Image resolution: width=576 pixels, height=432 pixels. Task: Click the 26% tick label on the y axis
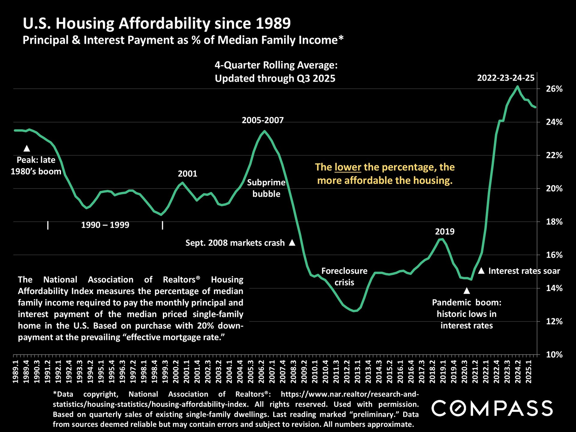pyautogui.click(x=554, y=89)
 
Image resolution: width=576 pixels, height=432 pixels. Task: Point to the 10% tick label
pyautogui.click(x=554, y=355)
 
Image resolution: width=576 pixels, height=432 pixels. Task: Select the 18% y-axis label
pyautogui.click(x=554, y=222)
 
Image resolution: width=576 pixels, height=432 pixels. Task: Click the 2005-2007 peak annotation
pyautogui.click(x=262, y=120)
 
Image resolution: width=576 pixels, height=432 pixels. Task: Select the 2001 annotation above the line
pyautogui.click(x=187, y=174)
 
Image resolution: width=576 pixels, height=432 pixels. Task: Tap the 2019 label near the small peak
pyautogui.click(x=445, y=232)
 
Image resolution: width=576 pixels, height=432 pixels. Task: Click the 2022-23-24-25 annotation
pyautogui.click(x=506, y=78)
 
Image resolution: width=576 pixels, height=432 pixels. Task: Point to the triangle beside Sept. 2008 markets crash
pyautogui.click(x=292, y=243)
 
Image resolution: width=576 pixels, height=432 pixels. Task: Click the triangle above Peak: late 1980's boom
pyautogui.click(x=27, y=148)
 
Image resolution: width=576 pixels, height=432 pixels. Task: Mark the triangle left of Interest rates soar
pyautogui.click(x=481, y=271)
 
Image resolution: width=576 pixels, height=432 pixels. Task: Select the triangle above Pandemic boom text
pyautogui.click(x=466, y=291)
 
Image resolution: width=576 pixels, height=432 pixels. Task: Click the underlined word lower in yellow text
pyautogui.click(x=348, y=167)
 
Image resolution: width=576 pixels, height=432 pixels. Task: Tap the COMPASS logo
pyautogui.click(x=492, y=408)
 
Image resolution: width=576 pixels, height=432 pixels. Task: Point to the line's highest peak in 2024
pyautogui.click(x=517, y=86)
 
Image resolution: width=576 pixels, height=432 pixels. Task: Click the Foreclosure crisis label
pyautogui.click(x=344, y=277)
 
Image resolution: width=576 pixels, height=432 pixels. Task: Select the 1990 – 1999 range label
pyautogui.click(x=105, y=225)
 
